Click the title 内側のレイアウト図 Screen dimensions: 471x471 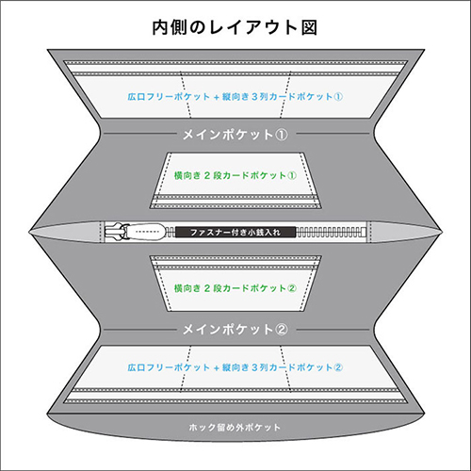(235, 27)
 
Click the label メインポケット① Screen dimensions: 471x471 (235, 135)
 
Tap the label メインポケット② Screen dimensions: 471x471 (235, 330)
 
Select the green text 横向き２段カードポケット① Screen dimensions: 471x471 (235, 175)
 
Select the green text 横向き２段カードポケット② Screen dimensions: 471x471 (235, 288)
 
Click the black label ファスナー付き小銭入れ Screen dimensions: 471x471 (235, 233)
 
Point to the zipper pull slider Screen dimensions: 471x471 (135, 232)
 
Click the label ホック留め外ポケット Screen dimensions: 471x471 (235, 428)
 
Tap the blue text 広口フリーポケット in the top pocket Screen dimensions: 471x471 (169, 96)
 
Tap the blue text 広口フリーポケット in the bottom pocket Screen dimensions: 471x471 (169, 367)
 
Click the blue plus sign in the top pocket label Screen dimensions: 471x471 (216, 97)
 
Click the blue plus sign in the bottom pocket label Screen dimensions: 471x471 (216, 367)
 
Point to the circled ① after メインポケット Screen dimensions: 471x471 (281, 135)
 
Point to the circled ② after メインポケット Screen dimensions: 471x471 (281, 330)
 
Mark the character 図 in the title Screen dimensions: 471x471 (309, 27)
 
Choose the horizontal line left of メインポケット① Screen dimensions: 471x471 (139, 134)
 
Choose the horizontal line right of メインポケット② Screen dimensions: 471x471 (333, 330)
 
